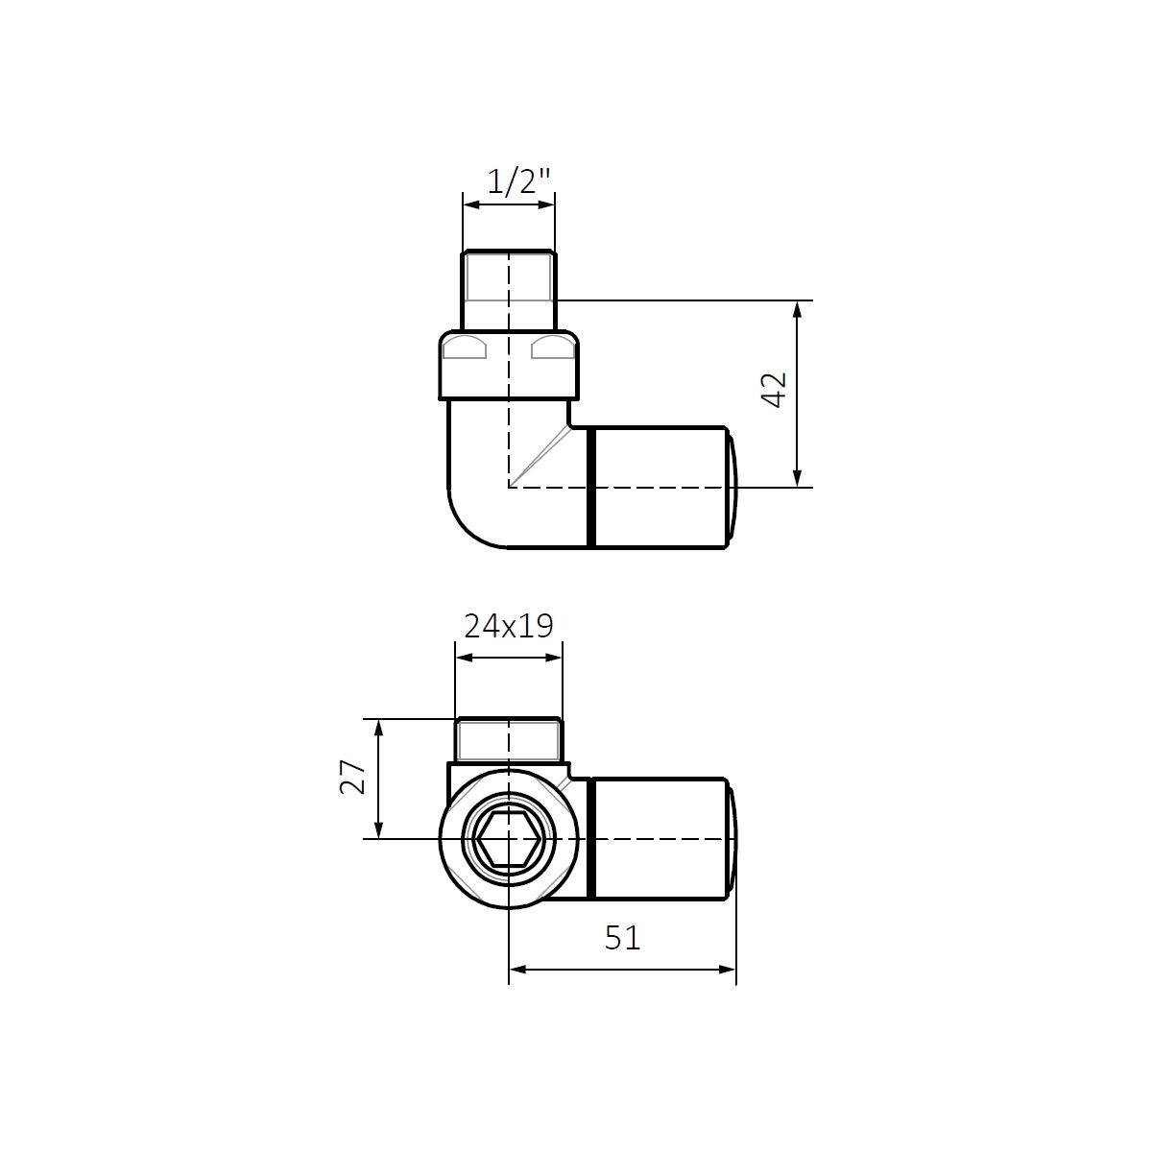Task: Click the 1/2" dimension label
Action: point(518,181)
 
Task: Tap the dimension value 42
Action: point(776,390)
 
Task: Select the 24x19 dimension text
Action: point(508,627)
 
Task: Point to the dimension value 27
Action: point(352,777)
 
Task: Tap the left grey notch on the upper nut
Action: point(464,348)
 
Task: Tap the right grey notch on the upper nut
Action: point(553,348)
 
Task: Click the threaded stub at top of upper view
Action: point(509,290)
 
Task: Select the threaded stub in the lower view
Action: point(509,740)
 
